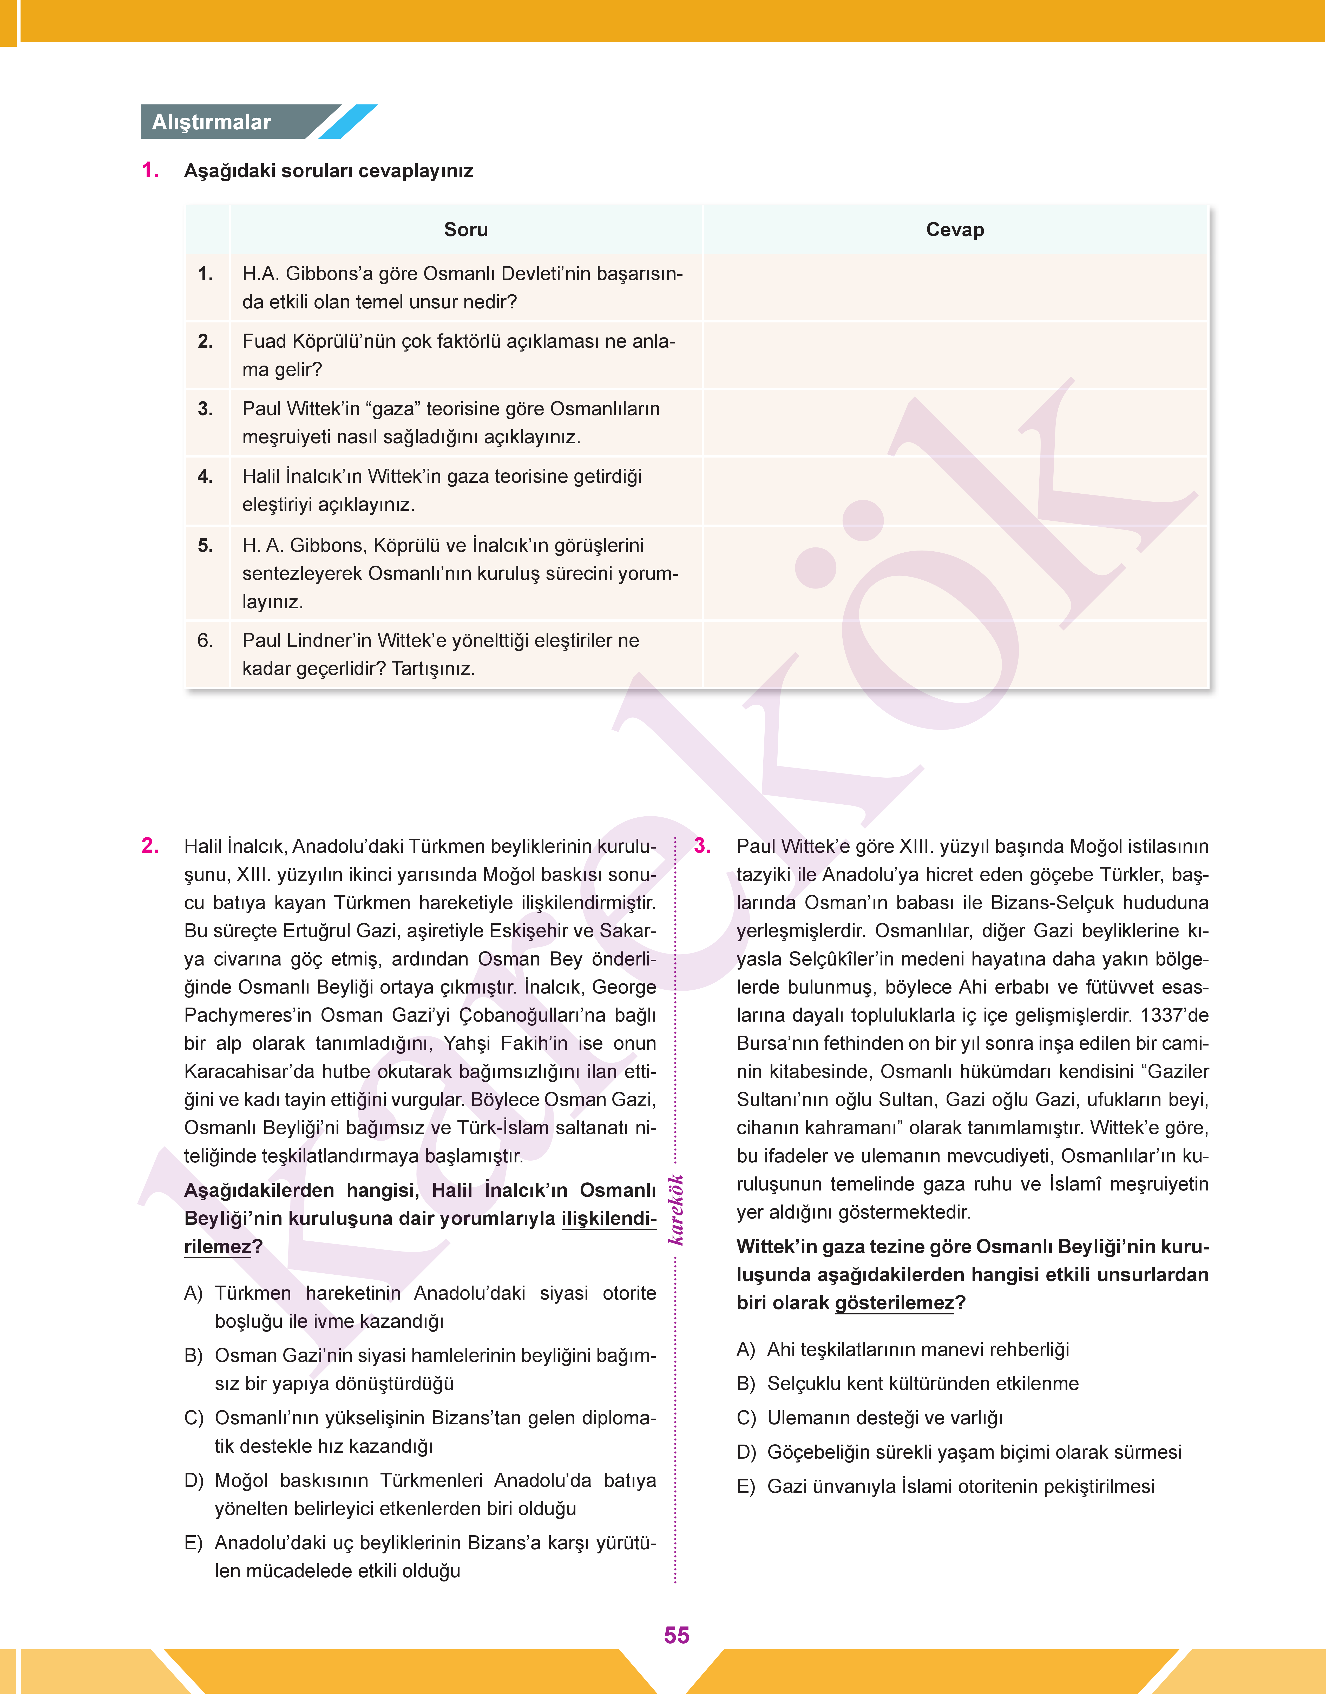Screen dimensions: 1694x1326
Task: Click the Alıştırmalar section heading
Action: click(211, 122)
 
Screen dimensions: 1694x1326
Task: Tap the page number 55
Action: click(676, 1635)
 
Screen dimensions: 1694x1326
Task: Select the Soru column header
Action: click(466, 230)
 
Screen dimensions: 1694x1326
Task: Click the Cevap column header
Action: click(955, 230)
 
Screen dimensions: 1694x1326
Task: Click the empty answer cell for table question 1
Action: click(955, 287)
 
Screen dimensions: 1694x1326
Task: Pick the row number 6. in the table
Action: click(205, 640)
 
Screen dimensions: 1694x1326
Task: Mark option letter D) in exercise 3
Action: click(746, 1452)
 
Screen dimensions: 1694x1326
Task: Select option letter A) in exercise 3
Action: click(746, 1349)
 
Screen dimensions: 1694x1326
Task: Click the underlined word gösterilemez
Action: click(894, 1303)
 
